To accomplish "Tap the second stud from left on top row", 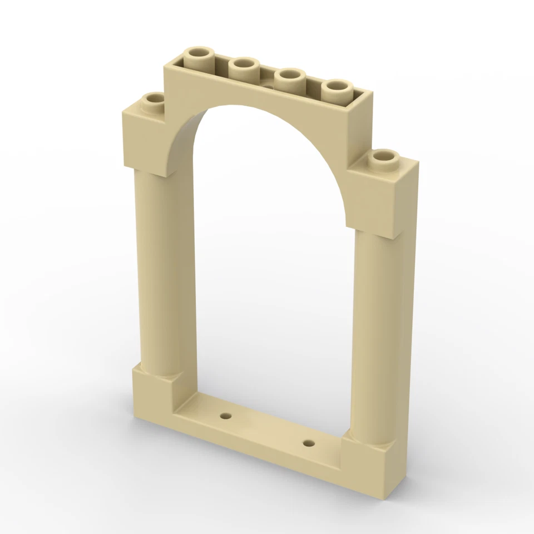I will pyautogui.click(x=243, y=67).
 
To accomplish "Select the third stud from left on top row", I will pyautogui.click(x=290, y=77).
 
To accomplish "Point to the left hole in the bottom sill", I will pyautogui.click(x=225, y=416).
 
